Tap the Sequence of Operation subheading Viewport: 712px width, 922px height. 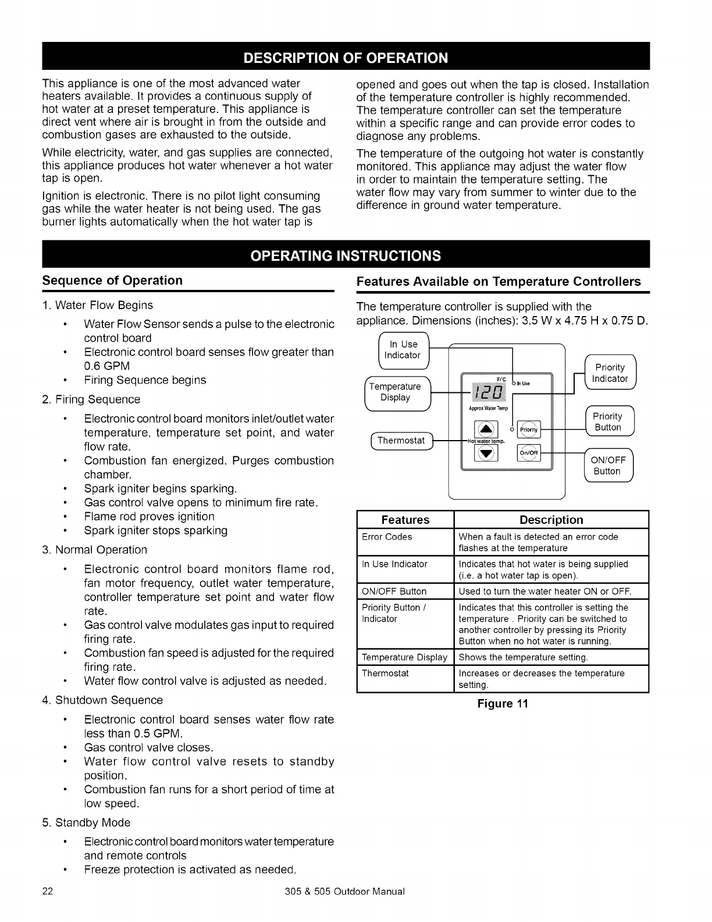pos(112,281)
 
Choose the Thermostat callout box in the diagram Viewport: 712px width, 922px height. pos(401,441)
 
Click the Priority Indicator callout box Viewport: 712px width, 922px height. pos(610,373)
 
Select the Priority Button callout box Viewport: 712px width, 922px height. pos(608,422)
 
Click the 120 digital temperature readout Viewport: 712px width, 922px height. pos(484,391)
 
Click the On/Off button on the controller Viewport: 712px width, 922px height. pos(529,454)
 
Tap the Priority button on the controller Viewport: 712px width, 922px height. pos(529,430)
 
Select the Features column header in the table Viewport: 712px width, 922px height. pos(405,520)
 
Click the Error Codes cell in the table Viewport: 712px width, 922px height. pos(387,537)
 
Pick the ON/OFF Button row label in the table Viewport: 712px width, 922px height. pos(394,591)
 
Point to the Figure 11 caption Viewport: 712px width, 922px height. pos(502,704)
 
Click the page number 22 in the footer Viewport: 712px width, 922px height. pos(48,892)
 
